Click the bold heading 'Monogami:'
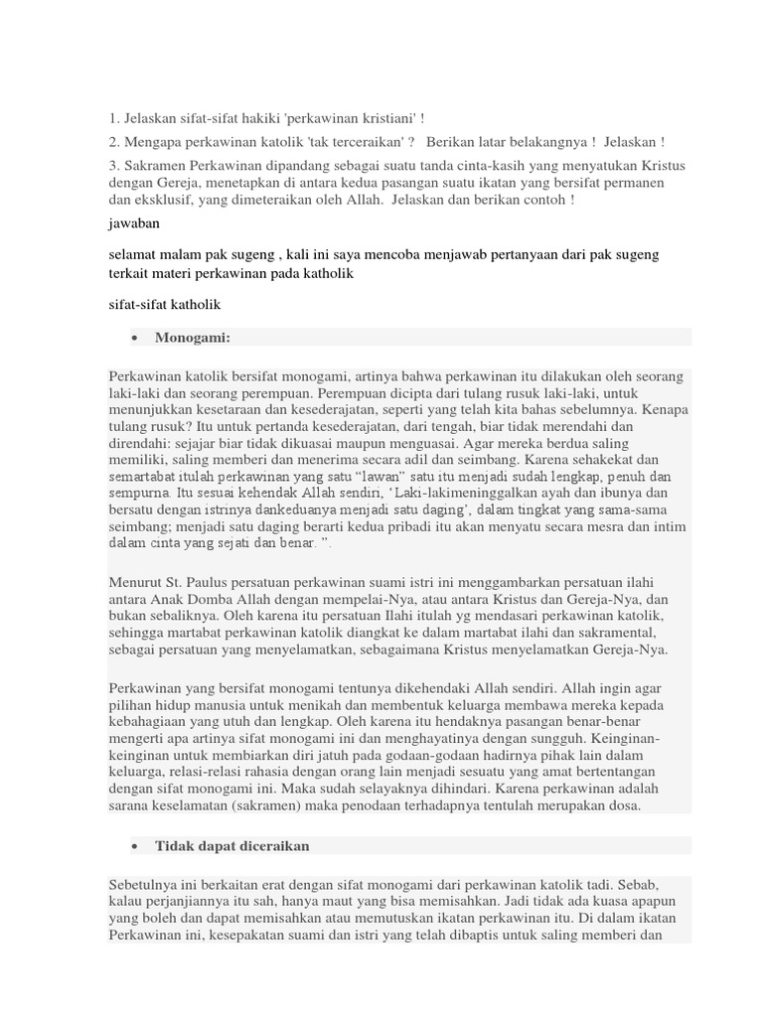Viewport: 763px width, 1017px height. click(193, 338)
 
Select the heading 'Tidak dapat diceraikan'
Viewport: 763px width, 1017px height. click(232, 845)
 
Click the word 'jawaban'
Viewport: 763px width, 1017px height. click(133, 223)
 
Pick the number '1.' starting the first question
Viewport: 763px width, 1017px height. click(114, 117)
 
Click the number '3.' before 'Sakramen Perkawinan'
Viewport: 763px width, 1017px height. click(114, 164)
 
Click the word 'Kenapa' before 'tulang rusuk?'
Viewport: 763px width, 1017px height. click(666, 408)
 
